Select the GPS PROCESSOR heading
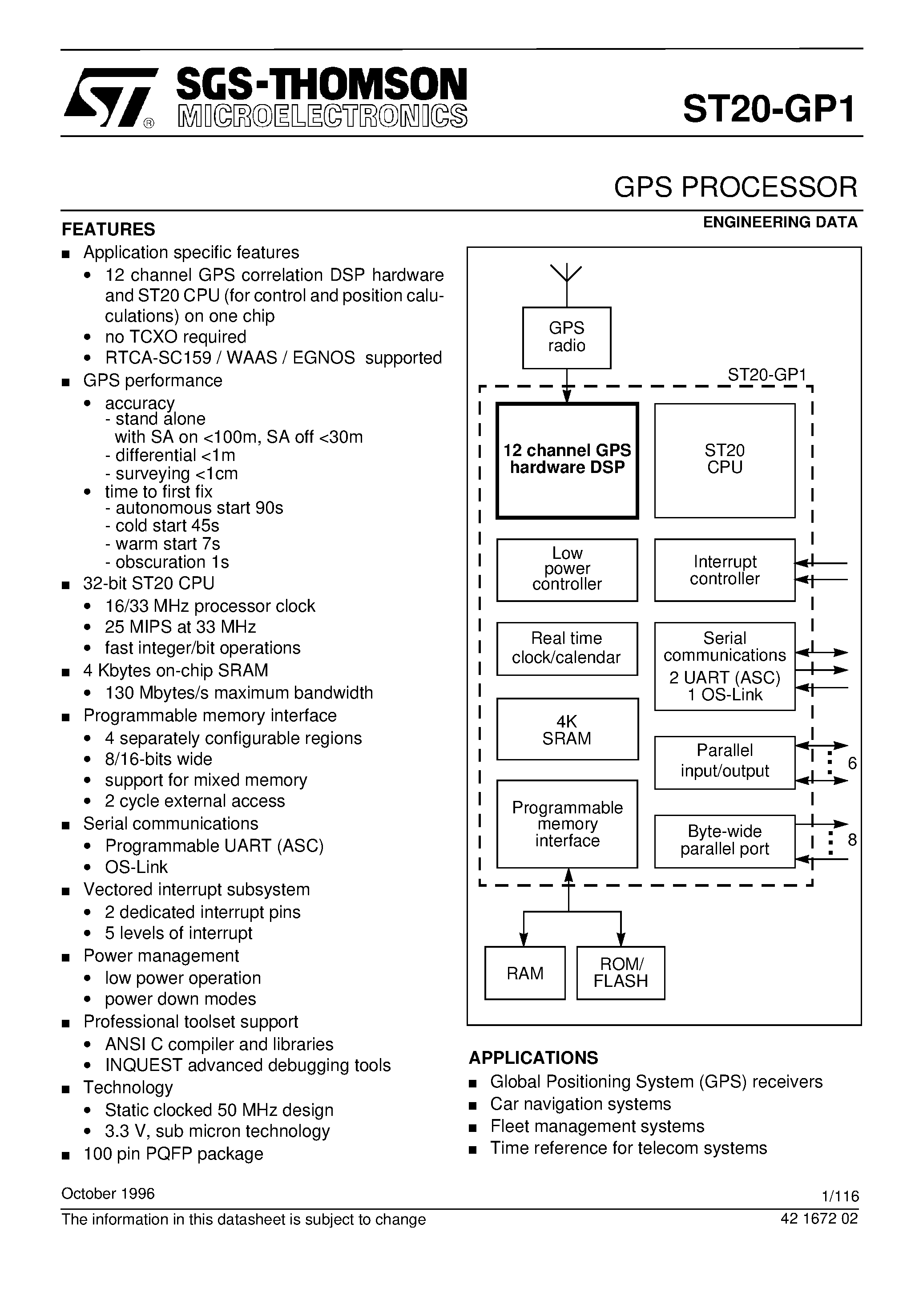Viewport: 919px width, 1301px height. point(735,188)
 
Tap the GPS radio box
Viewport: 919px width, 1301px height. point(566,337)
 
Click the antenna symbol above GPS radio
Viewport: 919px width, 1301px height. point(566,275)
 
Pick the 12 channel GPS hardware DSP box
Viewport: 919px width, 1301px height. point(567,460)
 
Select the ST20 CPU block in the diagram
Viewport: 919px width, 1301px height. point(724,460)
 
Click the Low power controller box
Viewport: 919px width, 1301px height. point(567,569)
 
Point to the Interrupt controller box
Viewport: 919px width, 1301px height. point(724,570)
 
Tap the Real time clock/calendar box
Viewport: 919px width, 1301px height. point(567,648)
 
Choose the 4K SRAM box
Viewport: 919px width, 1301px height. point(567,729)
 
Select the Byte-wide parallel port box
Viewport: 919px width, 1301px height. point(724,841)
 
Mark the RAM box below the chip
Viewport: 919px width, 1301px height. point(524,973)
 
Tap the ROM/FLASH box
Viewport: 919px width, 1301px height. point(621,973)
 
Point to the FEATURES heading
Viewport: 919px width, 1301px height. point(108,230)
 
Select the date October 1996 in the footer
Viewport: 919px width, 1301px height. point(108,1193)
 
